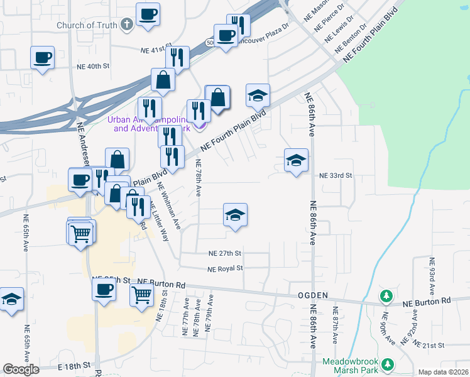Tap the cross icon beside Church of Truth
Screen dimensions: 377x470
click(x=127, y=25)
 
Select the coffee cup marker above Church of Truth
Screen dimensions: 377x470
click(x=148, y=14)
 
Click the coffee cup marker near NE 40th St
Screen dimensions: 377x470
click(x=42, y=57)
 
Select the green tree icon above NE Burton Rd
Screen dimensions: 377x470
click(x=388, y=295)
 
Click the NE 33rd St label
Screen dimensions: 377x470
click(x=336, y=176)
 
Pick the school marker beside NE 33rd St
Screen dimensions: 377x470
click(x=296, y=160)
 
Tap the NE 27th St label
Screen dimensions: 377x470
click(x=225, y=254)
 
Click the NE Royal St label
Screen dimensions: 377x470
click(x=225, y=268)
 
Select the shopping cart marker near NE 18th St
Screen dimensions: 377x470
click(x=143, y=294)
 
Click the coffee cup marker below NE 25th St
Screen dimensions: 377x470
click(x=104, y=290)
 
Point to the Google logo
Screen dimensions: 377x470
click(x=21, y=369)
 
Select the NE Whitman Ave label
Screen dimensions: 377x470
click(x=168, y=205)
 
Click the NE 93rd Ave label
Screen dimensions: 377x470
click(x=432, y=276)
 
